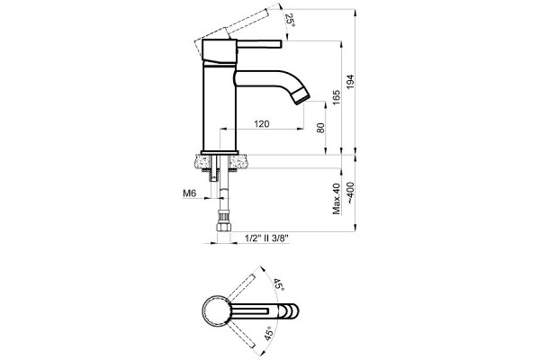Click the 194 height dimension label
(350, 82)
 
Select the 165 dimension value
(337, 97)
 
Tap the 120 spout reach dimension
(262, 123)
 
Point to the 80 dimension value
(320, 128)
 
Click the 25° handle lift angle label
(291, 21)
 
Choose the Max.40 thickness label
(337, 199)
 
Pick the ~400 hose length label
(350, 193)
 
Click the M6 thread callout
(189, 193)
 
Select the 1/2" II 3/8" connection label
(266, 238)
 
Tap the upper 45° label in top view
(279, 284)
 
